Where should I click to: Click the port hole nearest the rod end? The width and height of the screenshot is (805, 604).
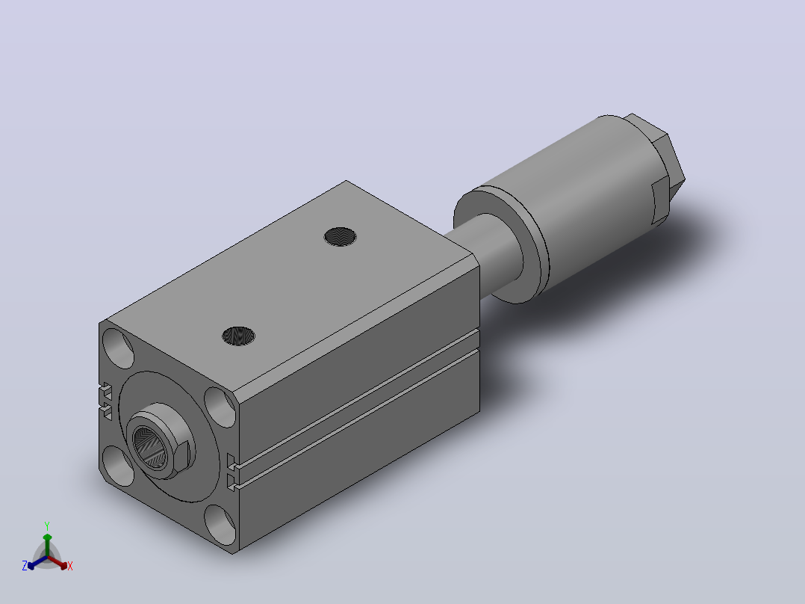tap(341, 236)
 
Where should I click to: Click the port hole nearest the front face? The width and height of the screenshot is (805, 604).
tap(239, 336)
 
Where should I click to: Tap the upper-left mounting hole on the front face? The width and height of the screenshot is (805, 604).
tap(118, 348)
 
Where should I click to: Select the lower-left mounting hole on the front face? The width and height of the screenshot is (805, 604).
tap(118, 466)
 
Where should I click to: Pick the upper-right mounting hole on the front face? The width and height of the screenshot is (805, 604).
tap(220, 407)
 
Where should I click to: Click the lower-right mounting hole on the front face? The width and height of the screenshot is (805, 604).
tap(220, 525)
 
